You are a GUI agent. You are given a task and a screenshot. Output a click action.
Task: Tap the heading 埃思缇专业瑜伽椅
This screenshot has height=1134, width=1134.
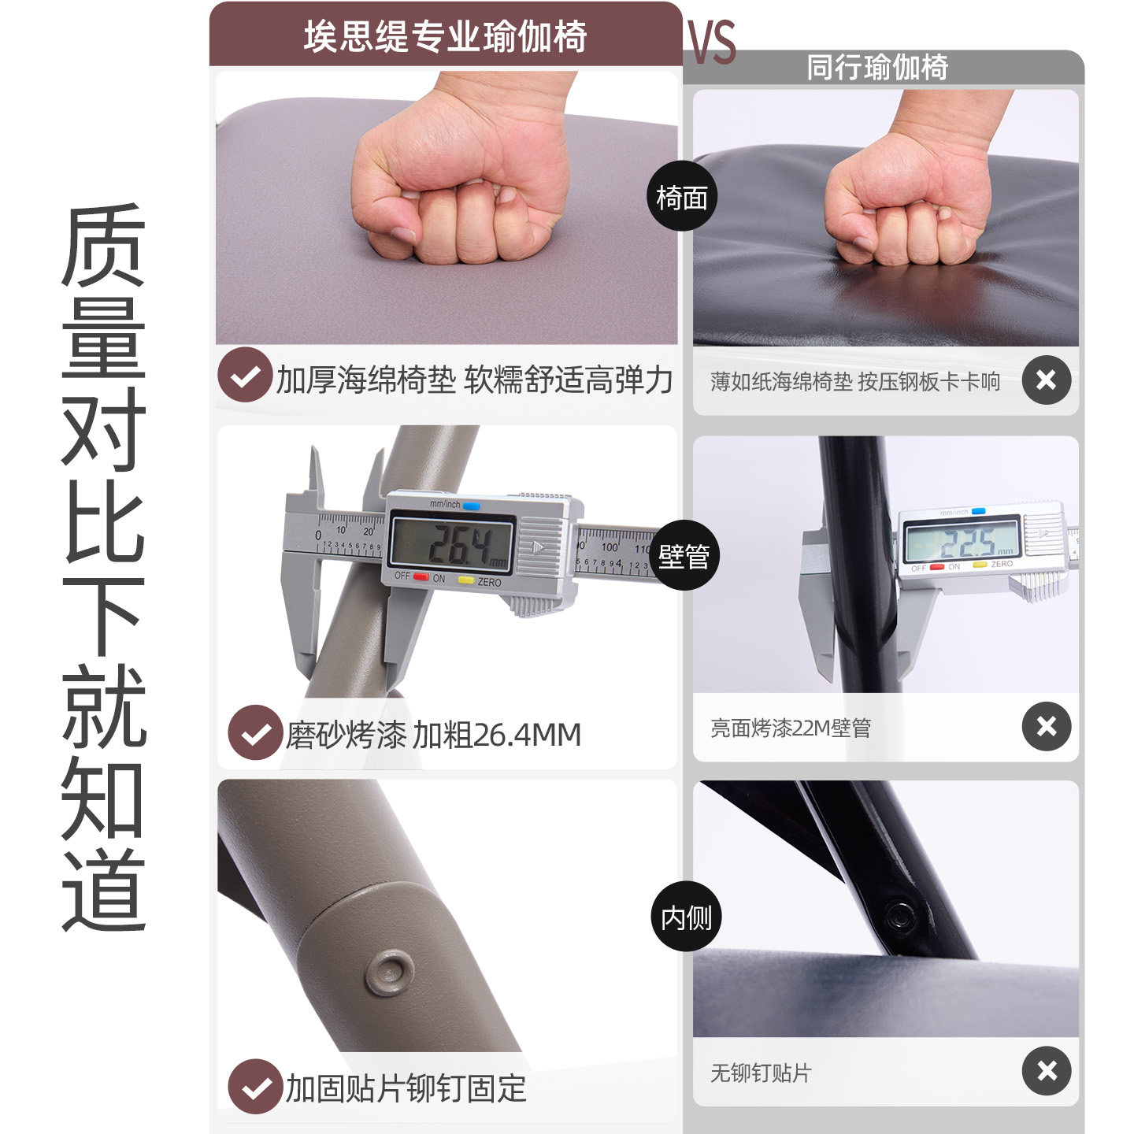click(446, 36)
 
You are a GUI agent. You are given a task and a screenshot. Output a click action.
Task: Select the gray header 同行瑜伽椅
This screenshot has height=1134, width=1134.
click(877, 68)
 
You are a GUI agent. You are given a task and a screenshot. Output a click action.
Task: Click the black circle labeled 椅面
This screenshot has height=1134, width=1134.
click(682, 197)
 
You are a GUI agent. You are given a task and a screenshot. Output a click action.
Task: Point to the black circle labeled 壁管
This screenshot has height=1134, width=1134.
click(684, 556)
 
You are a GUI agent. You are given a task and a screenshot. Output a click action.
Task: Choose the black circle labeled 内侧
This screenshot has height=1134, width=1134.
click(686, 917)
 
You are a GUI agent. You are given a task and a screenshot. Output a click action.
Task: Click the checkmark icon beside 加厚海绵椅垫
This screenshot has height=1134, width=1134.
click(245, 376)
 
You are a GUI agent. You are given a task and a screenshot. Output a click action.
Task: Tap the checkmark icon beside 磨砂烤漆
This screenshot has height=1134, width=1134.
click(255, 732)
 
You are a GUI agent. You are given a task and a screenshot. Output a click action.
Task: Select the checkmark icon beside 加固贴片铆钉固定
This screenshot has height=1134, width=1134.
click(255, 1087)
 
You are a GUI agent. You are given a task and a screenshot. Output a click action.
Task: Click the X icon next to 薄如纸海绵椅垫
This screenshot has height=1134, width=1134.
click(1046, 380)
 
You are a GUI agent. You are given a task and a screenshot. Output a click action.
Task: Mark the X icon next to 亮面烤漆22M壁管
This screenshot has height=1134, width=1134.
click(1046, 725)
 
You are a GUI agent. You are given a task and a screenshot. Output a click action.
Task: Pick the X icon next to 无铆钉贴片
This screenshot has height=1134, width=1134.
click(1046, 1070)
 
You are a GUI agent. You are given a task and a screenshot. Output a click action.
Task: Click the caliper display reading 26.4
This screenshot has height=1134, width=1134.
click(453, 544)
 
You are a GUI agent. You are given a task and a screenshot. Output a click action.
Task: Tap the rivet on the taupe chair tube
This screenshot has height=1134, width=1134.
click(390, 972)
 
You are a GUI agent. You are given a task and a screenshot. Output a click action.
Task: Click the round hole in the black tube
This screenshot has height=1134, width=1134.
click(899, 916)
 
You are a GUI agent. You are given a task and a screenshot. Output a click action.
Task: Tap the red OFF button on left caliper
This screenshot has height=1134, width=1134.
click(421, 577)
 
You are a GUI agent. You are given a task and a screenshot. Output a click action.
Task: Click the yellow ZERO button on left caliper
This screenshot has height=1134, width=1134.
click(466, 580)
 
